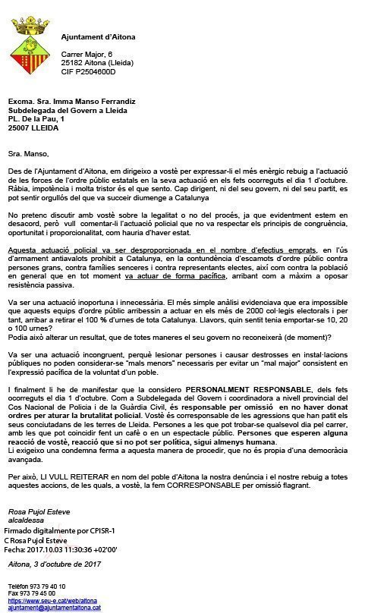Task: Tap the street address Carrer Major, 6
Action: click(x=86, y=55)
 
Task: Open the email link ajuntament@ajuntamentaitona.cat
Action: click(x=54, y=608)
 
